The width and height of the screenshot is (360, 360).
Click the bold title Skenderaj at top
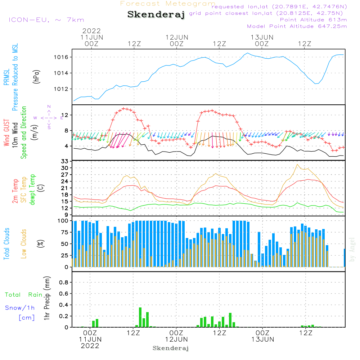156,15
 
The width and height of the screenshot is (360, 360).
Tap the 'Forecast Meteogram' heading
168,4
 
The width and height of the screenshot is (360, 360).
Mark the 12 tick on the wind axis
66,115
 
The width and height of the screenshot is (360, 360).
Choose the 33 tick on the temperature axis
66,161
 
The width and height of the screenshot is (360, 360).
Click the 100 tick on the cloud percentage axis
64,221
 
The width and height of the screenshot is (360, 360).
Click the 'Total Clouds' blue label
6,244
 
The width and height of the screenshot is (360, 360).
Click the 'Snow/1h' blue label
20,308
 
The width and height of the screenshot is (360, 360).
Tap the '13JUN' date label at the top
262,37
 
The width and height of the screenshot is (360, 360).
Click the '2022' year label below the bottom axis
90,346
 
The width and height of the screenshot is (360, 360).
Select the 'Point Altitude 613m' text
313,19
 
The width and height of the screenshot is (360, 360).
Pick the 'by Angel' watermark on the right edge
352,249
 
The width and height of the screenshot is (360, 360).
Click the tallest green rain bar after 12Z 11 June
140,317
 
